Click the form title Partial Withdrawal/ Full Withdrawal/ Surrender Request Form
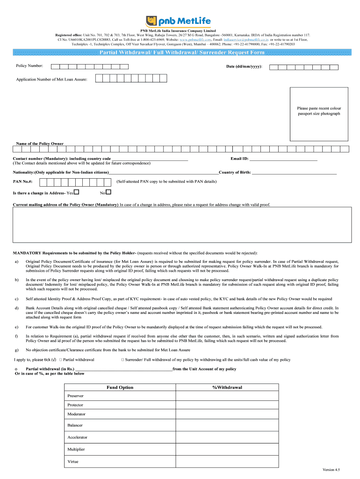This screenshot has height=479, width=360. (x=182, y=52)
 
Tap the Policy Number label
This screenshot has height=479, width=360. (x=29, y=66)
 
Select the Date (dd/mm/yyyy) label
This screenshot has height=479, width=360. (x=244, y=66)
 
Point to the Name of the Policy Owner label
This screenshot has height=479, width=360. (x=40, y=144)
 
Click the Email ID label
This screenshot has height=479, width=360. (x=239, y=159)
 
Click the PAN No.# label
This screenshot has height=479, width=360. (x=22, y=181)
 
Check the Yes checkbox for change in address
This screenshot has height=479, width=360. (x=76, y=192)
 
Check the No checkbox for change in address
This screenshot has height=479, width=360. (x=108, y=192)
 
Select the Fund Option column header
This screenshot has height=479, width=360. (x=120, y=387)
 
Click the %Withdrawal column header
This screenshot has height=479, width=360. (x=227, y=387)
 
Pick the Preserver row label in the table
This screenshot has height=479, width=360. (x=76, y=396)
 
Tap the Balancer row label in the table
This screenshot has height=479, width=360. (x=75, y=425)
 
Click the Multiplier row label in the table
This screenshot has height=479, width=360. (x=76, y=449)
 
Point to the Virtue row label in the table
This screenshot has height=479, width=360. (x=73, y=462)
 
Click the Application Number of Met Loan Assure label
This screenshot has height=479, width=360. (x=52, y=80)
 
